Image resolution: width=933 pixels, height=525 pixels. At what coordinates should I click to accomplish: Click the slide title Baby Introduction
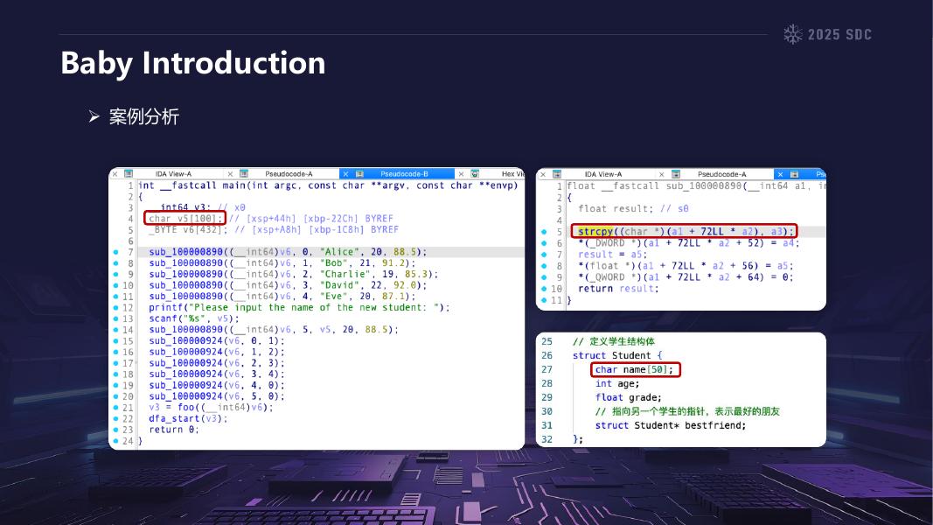tap(193, 63)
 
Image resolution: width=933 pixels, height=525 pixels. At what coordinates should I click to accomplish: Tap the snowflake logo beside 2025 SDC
tap(792, 34)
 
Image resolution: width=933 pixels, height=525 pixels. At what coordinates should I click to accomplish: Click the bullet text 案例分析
tap(144, 116)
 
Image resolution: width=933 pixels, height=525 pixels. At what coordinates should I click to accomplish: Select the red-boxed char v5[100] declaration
tap(185, 218)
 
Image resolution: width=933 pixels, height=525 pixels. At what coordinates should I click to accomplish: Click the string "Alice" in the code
tap(337, 252)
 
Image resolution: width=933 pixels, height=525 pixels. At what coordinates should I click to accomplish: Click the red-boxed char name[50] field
tap(635, 369)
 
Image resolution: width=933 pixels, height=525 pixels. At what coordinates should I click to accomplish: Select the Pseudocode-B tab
tap(404, 174)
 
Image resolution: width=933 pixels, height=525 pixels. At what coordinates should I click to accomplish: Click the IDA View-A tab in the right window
tap(603, 174)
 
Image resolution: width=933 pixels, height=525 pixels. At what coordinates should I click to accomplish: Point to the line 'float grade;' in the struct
tap(628, 397)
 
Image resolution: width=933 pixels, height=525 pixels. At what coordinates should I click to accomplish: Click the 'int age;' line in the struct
tap(617, 383)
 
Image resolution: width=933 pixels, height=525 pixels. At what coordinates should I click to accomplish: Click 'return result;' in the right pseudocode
tap(617, 288)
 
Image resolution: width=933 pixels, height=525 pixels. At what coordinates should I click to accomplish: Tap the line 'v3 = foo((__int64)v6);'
tap(211, 407)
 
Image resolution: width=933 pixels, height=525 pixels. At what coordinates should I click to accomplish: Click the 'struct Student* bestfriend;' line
tap(671, 425)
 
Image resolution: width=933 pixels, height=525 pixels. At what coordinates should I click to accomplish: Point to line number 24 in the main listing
tap(127, 440)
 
